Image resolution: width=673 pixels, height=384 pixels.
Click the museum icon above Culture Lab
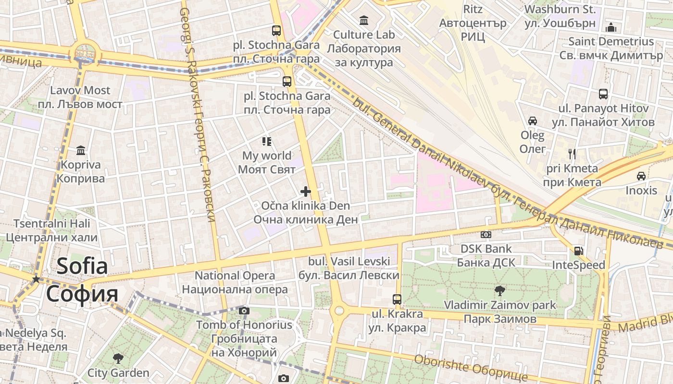tap(364, 20)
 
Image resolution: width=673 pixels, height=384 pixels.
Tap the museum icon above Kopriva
tap(81, 151)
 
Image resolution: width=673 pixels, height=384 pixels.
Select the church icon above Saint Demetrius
tap(611, 27)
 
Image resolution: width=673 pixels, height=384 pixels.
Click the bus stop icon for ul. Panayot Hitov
tap(603, 94)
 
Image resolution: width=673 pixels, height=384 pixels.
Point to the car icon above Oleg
tap(533, 121)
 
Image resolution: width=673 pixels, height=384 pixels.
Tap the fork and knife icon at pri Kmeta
tap(572, 154)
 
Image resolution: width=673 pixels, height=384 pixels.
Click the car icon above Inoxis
tap(641, 176)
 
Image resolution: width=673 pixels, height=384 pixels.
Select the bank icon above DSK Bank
tap(486, 235)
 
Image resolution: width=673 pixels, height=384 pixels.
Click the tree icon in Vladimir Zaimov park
tap(500, 290)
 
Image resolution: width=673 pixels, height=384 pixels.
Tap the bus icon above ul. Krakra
tap(397, 299)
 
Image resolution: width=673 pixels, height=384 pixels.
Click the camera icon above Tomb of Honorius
tap(244, 311)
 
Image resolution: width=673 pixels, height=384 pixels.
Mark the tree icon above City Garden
tap(118, 358)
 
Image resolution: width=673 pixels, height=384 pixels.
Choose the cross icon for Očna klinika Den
tap(306, 192)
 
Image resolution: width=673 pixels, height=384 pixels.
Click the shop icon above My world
tap(267, 141)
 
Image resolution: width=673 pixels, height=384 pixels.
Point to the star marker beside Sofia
tap(36, 279)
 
